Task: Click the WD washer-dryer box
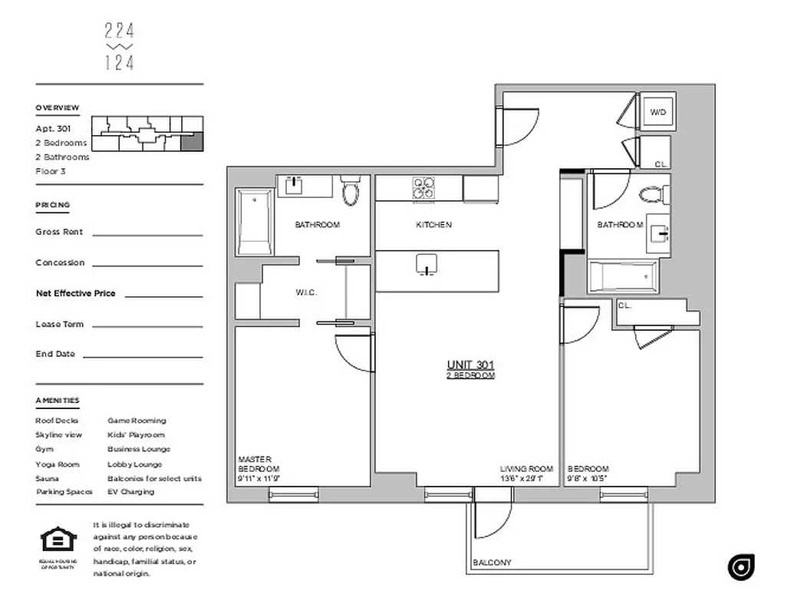point(658,113)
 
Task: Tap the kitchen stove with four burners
point(423,189)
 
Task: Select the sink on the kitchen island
point(427,265)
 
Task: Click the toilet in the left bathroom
point(351,192)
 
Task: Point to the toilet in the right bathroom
point(652,194)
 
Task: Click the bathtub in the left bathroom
point(254,223)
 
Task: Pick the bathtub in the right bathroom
point(623,276)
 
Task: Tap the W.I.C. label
point(306,292)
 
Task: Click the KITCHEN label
point(433,225)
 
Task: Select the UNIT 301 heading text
point(470,365)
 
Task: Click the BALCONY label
point(492,563)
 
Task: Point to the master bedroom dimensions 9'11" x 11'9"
point(259,479)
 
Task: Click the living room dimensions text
point(522,479)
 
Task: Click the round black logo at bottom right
point(741,566)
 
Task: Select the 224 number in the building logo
point(119,31)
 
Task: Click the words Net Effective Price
point(75,293)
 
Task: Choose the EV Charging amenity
point(130,492)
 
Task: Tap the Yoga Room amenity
point(57,464)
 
